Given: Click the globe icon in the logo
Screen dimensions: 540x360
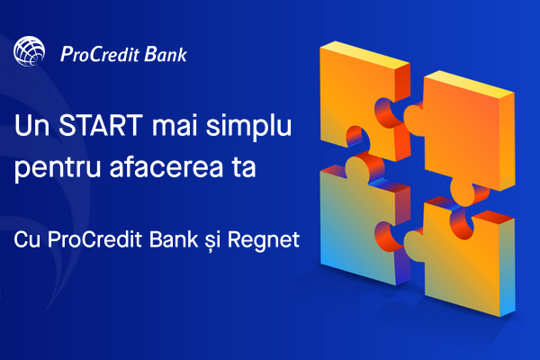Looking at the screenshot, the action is click(x=30, y=51).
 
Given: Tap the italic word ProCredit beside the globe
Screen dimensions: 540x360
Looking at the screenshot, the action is click(x=100, y=54).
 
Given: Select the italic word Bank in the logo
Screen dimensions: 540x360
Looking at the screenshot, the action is click(x=166, y=54).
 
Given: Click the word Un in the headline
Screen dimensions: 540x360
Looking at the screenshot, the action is click(x=31, y=125).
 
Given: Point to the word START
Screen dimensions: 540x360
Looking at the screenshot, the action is click(x=101, y=125).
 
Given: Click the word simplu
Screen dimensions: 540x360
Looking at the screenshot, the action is click(x=248, y=127).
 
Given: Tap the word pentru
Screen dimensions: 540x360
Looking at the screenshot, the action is click(x=58, y=169).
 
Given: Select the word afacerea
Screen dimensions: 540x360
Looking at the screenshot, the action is click(x=166, y=166).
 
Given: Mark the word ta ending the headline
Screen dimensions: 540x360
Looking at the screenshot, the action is click(x=244, y=167).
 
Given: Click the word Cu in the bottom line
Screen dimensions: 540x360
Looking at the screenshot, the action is click(x=26, y=239).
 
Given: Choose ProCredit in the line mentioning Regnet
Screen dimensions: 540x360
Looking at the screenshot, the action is click(x=94, y=239).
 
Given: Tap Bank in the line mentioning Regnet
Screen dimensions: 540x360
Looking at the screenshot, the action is click(x=174, y=238).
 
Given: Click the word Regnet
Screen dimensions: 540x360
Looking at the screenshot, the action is click(x=264, y=241).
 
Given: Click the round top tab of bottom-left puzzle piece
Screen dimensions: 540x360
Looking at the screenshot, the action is click(x=357, y=166).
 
